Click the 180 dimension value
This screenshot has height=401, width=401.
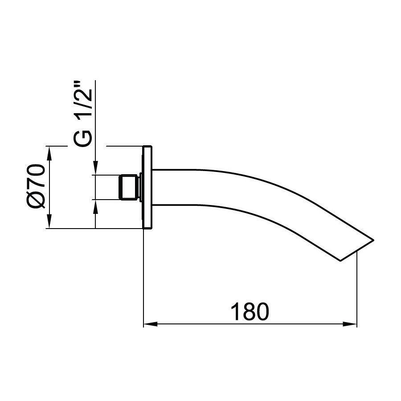250,311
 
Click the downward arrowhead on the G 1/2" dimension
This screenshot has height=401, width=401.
95,169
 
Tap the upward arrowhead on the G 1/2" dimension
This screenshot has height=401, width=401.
95,205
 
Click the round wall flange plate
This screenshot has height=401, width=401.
147,187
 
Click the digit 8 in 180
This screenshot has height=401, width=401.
250,311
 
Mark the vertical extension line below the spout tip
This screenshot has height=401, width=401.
358,290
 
